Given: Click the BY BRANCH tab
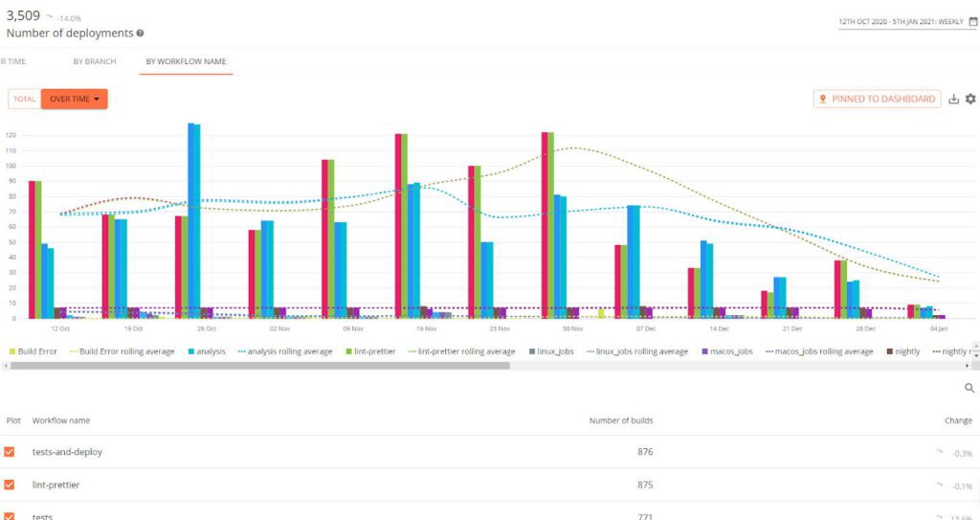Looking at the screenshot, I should tap(95, 61).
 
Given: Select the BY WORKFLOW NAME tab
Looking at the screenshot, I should tap(186, 61).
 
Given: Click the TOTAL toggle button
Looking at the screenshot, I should tap(25, 99).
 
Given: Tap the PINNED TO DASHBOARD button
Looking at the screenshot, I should tap(877, 99).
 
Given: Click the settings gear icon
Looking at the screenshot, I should tap(970, 99).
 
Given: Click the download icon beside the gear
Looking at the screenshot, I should tap(953, 99).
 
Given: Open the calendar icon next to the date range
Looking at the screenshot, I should tap(972, 21).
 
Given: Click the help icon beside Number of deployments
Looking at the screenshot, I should tap(141, 34).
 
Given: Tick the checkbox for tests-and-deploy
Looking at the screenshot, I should tap(10, 452).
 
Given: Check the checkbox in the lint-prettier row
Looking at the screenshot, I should tap(10, 485).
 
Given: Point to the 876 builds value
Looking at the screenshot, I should tap(645, 452).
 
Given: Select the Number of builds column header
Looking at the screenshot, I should tap(621, 420).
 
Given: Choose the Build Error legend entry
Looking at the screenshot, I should tap(33, 351).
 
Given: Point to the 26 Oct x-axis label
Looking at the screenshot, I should tap(207, 328).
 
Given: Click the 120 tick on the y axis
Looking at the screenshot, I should tap(11, 135).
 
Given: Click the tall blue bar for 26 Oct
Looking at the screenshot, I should tap(194, 220).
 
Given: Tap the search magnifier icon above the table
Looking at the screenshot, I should tap(969, 388).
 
